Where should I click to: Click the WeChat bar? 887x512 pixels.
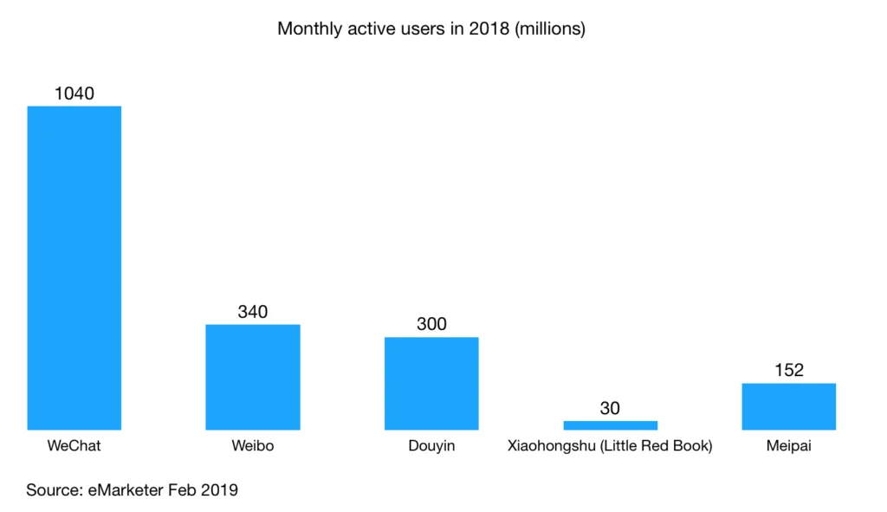coord(74,268)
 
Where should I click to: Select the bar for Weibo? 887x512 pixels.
coord(252,377)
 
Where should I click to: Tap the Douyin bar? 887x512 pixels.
coord(431,383)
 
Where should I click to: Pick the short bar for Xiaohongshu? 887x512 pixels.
coord(610,425)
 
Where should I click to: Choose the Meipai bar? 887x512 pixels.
coord(788,406)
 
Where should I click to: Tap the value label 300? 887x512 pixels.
coord(431,324)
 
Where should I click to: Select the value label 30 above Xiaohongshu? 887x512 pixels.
coord(610,407)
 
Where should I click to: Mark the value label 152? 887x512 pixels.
coord(788,370)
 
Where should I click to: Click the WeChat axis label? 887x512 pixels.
coord(74,447)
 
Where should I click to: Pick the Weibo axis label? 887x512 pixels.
coord(252,447)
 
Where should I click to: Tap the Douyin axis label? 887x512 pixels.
coord(431,447)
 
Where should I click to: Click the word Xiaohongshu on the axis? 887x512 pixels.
coord(551,447)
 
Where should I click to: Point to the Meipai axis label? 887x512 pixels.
coord(788,447)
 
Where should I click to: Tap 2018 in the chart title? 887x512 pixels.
coord(484,29)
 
